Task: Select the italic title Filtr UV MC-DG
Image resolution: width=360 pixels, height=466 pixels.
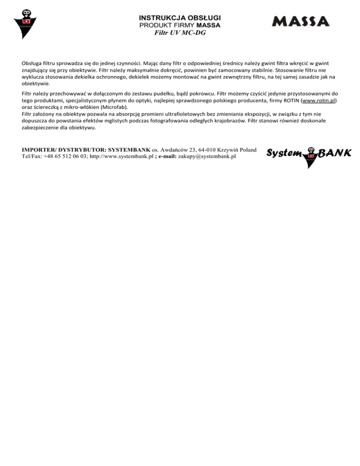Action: point(180,33)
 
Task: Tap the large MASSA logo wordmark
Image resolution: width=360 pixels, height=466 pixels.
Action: point(300,22)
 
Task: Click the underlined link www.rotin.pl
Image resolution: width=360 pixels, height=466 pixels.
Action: point(317,100)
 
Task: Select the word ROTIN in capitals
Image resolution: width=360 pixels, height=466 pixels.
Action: point(294,100)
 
